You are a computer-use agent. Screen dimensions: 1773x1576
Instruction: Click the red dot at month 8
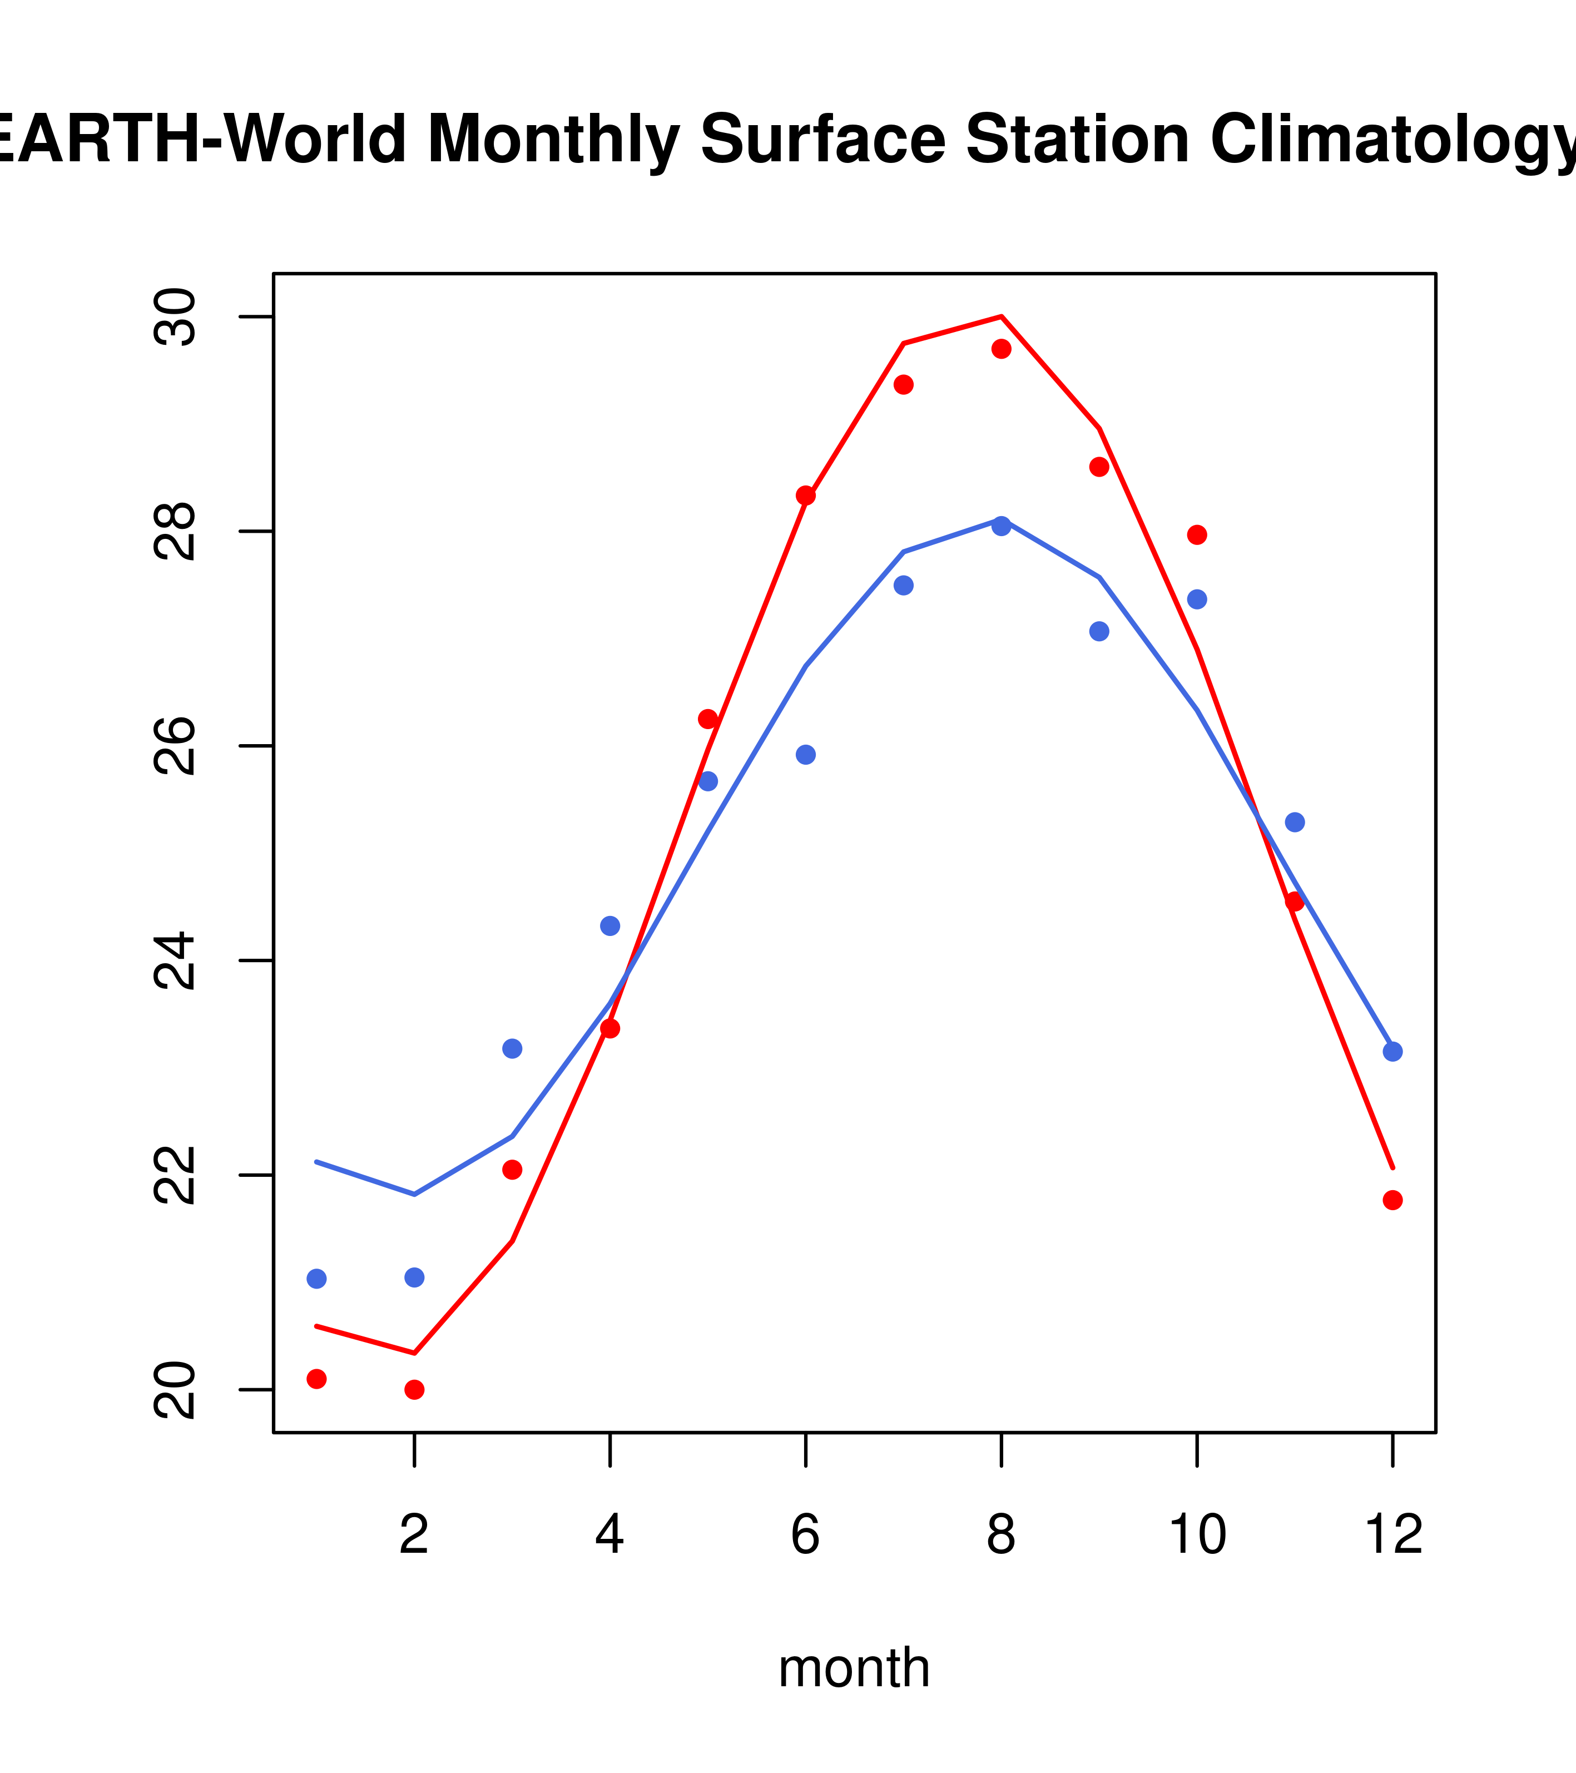pos(1001,349)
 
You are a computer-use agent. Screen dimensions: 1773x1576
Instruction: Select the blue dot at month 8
pos(1001,527)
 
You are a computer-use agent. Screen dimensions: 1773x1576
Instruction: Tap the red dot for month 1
pos(316,1378)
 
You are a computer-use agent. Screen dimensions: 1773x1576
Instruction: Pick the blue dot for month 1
pos(316,1279)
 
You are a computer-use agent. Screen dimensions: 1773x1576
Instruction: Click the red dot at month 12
pos(1392,1200)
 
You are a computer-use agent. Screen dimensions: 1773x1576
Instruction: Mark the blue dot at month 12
pos(1392,1051)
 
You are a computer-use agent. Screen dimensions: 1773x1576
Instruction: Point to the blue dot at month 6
pos(806,755)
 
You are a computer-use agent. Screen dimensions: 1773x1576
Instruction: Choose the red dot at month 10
pos(1197,534)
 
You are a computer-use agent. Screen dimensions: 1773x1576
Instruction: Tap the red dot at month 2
pos(415,1390)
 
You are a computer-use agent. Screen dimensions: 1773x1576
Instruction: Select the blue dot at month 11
pos(1294,823)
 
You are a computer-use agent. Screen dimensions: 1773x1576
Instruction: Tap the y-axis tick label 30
pos(175,318)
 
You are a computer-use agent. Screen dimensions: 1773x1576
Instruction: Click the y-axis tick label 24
pos(175,960)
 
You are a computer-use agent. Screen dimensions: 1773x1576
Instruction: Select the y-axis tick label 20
pos(175,1390)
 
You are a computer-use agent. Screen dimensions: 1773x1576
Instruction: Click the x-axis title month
pos(854,1667)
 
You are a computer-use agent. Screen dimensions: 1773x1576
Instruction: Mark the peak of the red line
pos(1001,316)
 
